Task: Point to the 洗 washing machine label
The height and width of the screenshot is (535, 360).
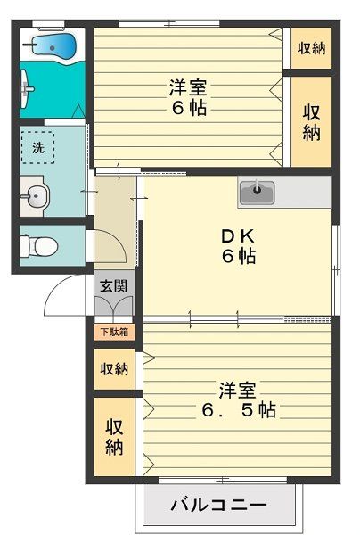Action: coord(37,149)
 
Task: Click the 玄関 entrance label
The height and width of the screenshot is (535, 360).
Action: coord(113,286)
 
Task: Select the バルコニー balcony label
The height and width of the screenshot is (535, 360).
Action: coord(217,506)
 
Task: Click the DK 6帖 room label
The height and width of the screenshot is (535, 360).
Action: coord(238,246)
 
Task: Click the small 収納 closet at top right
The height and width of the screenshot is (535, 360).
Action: coord(311,49)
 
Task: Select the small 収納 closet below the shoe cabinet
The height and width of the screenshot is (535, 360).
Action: coord(114,368)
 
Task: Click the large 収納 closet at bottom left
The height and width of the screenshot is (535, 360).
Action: coord(114,436)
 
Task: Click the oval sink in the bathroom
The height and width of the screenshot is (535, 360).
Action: coord(28,89)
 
